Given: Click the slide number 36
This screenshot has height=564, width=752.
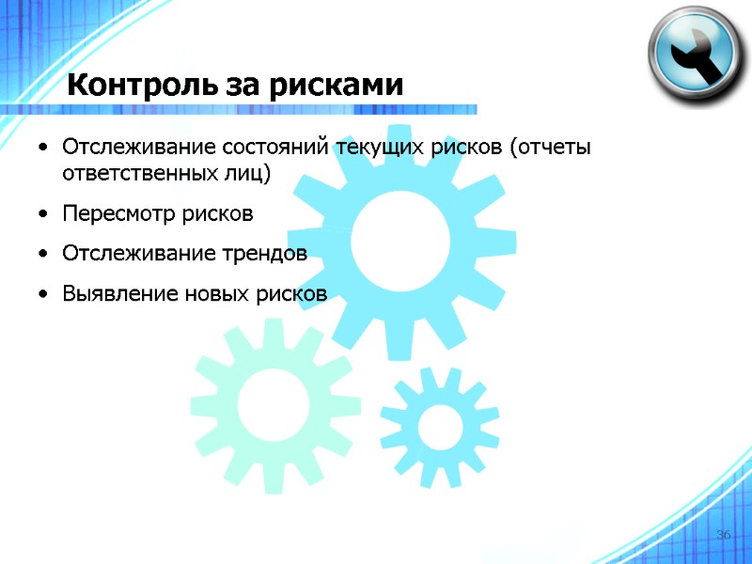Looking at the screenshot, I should [x=723, y=535].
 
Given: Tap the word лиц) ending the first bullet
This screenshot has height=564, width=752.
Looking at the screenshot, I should [x=247, y=174].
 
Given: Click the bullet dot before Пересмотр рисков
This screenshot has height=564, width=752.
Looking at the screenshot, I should [x=44, y=215].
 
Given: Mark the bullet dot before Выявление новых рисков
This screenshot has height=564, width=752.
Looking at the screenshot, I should [x=44, y=295].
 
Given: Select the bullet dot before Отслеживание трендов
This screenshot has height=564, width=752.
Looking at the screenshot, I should [x=44, y=255].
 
